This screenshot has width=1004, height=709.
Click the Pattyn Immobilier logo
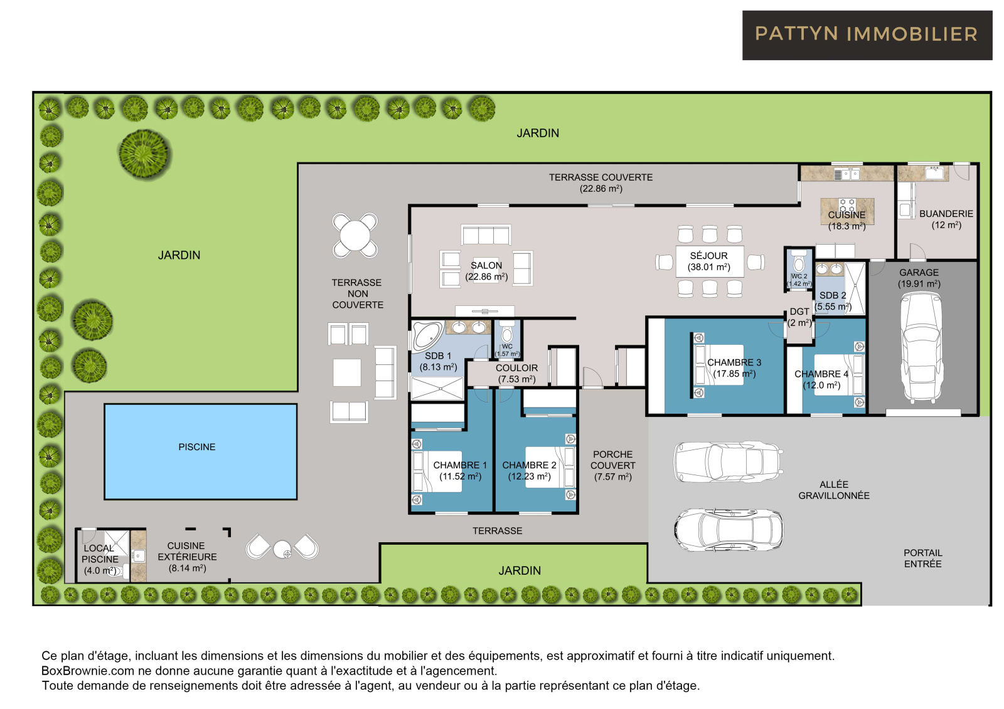[x=867, y=35]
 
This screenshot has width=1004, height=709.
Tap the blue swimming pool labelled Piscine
[x=200, y=451]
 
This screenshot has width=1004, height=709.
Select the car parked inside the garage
[x=922, y=347]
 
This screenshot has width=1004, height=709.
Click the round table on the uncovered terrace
[x=355, y=236]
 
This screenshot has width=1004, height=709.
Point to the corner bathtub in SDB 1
[x=427, y=335]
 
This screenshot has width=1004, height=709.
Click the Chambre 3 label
[x=734, y=368]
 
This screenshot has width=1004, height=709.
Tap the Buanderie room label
[x=946, y=219]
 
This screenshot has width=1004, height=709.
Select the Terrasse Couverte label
[x=601, y=183]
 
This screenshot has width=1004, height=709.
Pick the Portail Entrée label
[x=922, y=558]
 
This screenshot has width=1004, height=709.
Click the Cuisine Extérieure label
[x=187, y=557]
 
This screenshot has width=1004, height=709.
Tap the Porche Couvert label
[x=612, y=465]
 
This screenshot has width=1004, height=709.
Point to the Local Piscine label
[x=100, y=559]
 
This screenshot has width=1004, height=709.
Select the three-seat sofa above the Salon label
[x=486, y=234]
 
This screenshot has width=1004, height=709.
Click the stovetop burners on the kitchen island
[x=847, y=205]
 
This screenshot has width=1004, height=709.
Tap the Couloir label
[x=517, y=373]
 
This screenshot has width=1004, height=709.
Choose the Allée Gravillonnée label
[x=834, y=490]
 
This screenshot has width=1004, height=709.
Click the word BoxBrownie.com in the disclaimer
[x=88, y=671]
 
